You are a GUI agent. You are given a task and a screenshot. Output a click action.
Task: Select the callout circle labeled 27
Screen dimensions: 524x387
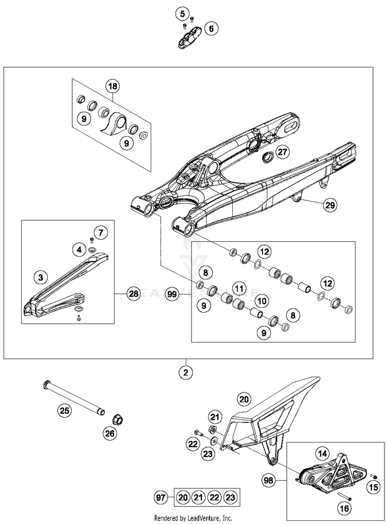coord(281,152)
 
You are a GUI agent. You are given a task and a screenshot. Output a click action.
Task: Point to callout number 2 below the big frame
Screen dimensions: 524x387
coord(186,371)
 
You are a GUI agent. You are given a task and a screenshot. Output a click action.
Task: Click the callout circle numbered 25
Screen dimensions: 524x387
coord(63,411)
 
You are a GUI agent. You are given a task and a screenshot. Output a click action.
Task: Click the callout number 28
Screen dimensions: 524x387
coord(134,294)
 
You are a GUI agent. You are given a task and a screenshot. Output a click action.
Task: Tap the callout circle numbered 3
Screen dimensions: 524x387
coord(39,277)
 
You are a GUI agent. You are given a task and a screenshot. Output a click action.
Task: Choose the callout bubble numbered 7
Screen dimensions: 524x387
coord(100,233)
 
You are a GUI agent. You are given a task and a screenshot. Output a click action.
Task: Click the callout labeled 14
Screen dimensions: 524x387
coord(323,454)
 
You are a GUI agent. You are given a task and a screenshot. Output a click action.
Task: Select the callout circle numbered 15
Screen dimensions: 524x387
coord(372,486)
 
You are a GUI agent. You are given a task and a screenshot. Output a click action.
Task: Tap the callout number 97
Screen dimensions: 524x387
coord(160,498)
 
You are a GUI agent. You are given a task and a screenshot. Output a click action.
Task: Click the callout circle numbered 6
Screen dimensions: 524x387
coord(211,29)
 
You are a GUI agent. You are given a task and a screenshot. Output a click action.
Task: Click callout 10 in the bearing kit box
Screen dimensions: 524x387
coord(262,300)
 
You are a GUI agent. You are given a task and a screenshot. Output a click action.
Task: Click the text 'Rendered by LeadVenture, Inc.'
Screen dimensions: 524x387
coord(193,518)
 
